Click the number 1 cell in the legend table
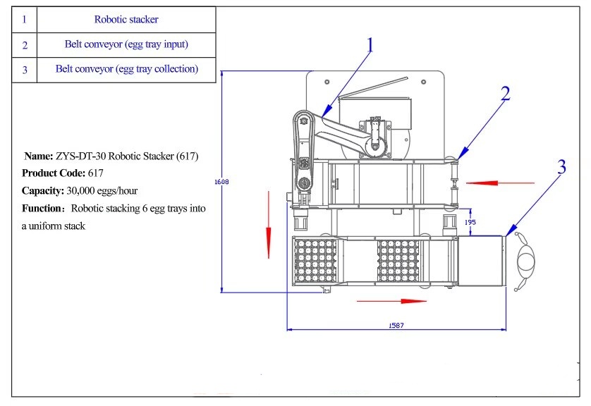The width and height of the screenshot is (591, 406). point(24,20)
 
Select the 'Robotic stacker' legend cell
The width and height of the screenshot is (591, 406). point(126,20)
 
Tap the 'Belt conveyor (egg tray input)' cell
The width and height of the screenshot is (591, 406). point(126,44)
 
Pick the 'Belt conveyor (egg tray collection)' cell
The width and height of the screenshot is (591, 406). point(126,69)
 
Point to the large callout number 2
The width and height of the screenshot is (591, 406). point(505,94)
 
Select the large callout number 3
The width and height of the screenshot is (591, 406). point(561,168)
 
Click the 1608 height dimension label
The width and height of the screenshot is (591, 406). point(221,182)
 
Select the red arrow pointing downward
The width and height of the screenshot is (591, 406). point(269,233)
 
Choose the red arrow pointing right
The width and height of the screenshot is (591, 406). point(392,301)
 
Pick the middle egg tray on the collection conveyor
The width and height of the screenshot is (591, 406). point(398,262)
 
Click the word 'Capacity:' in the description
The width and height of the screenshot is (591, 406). point(43,190)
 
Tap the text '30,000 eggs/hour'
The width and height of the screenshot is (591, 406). point(101,190)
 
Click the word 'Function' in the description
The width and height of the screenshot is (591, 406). point(41,209)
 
